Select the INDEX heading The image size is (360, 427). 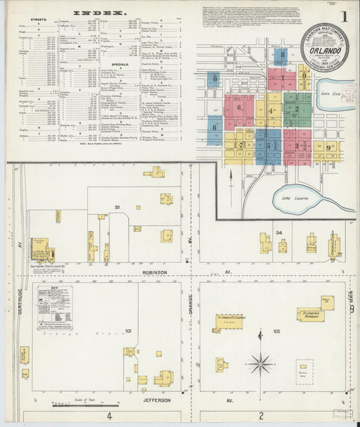99,13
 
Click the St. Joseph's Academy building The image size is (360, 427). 311,314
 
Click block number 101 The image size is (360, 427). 128,331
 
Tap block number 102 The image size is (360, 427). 276,331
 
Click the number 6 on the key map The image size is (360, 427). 238,105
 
